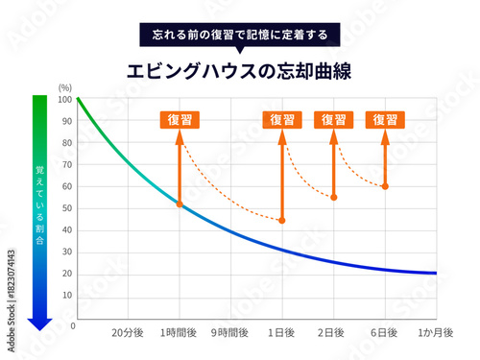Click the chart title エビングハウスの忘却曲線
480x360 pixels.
(x=239, y=70)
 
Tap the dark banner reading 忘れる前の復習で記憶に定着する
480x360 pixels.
(x=239, y=36)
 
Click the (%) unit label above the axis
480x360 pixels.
(x=65, y=87)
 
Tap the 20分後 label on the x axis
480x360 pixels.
(x=128, y=332)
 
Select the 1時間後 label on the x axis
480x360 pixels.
(x=179, y=332)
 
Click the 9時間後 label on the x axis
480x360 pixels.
(x=230, y=332)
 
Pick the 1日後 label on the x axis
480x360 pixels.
(x=282, y=332)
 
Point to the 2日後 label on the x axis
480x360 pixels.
(x=333, y=332)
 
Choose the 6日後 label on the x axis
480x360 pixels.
(x=385, y=332)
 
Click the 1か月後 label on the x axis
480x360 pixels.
(x=436, y=332)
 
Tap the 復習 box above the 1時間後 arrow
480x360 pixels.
(x=180, y=120)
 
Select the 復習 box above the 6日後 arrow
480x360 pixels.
(x=385, y=120)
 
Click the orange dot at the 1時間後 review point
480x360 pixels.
(x=180, y=204)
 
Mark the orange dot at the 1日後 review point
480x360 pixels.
(x=282, y=221)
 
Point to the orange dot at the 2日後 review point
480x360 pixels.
(x=333, y=198)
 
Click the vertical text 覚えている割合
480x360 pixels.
(x=38, y=206)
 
